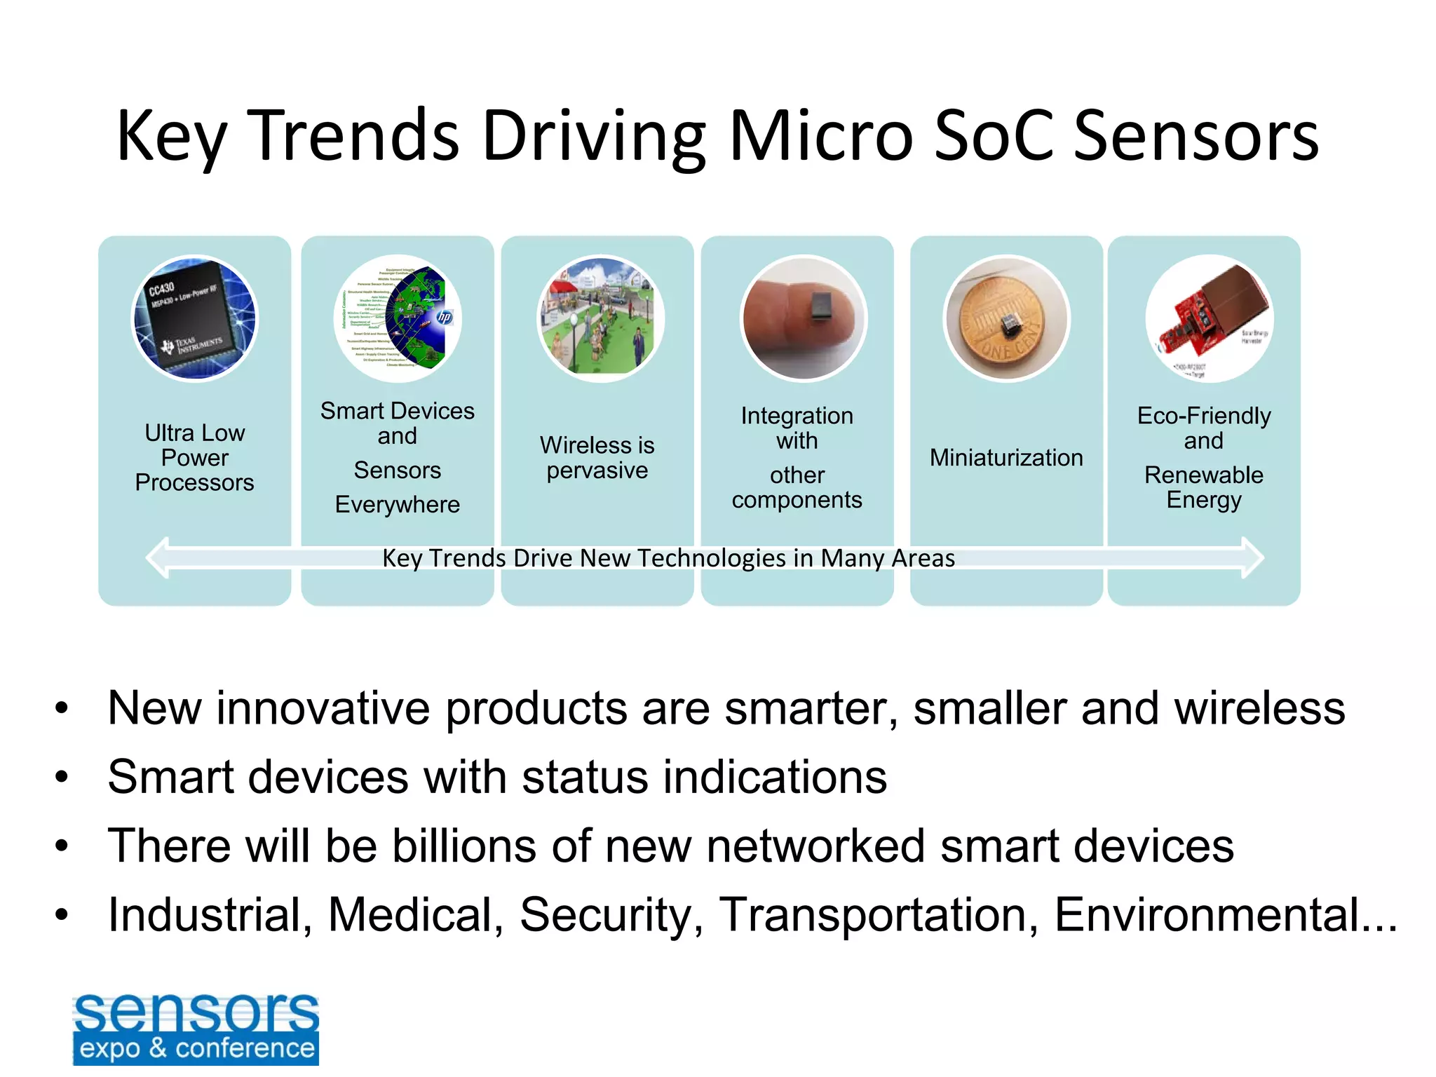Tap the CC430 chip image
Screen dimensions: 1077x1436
click(x=195, y=318)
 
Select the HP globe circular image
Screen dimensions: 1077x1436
click(x=398, y=318)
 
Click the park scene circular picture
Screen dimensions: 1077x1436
click(x=600, y=318)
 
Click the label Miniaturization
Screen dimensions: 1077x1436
click(x=1006, y=458)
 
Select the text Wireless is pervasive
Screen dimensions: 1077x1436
click(x=597, y=458)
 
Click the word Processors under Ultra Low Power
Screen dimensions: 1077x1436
click(x=195, y=483)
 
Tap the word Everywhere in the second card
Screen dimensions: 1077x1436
click(x=398, y=505)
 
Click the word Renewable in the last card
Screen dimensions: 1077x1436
click(x=1203, y=475)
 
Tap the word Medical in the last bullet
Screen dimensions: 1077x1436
click(x=415, y=915)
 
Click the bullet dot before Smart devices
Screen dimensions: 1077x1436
click(x=62, y=778)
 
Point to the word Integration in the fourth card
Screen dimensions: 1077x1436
click(x=797, y=416)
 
